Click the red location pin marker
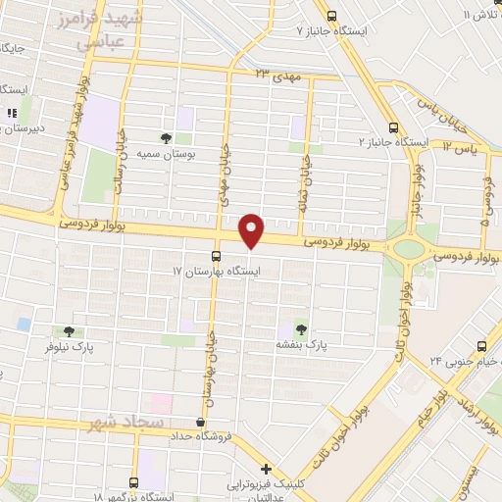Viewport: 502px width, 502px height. click(x=253, y=231)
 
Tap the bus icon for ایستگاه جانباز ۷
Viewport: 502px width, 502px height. click(x=331, y=16)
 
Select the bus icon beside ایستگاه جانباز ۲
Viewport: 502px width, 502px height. click(x=393, y=127)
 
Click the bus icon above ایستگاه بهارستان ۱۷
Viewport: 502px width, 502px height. click(x=217, y=255)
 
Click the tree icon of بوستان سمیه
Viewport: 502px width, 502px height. click(x=165, y=138)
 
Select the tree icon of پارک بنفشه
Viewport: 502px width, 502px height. click(x=300, y=329)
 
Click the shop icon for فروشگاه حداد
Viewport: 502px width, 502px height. click(x=200, y=422)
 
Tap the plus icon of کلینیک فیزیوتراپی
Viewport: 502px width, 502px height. click(x=266, y=469)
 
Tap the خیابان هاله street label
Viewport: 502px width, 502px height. click(x=307, y=176)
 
